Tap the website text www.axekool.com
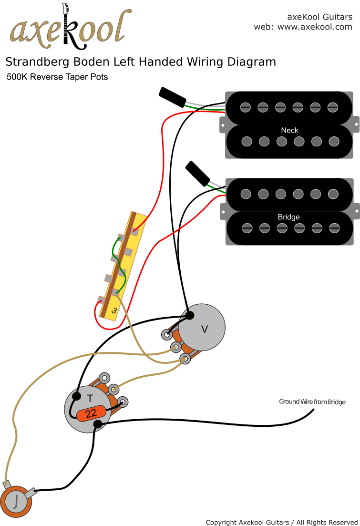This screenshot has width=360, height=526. tap(315, 27)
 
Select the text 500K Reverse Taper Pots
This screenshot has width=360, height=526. tap(57, 77)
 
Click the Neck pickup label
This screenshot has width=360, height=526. tap(289, 130)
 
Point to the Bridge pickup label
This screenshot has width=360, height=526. tap(289, 217)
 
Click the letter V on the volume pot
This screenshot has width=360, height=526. tap(205, 329)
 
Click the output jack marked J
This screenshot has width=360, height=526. tap(17, 502)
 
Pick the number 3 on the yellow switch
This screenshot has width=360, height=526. tap(114, 310)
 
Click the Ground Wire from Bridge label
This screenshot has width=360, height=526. tap(312, 402)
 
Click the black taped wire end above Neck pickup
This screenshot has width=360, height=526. tap(172, 96)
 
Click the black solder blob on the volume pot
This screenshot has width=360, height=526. tap(190, 315)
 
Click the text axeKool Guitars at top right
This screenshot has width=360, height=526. tap(319, 17)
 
